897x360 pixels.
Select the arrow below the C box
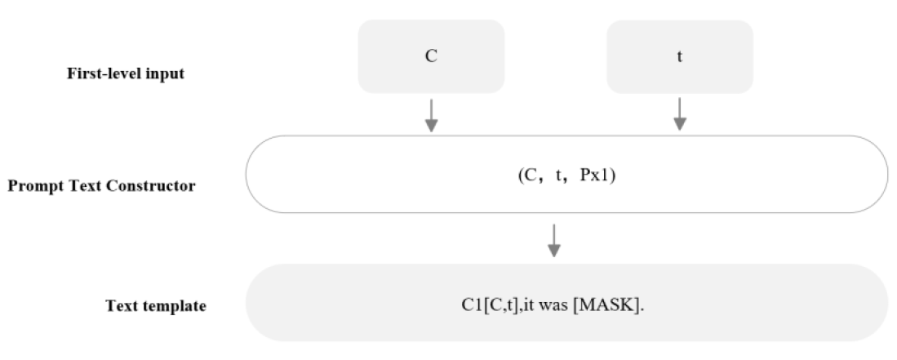[431, 114]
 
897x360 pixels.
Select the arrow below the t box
[679, 114]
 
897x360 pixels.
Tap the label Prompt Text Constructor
[101, 185]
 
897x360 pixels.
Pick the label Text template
[156, 306]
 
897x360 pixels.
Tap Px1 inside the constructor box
[600, 175]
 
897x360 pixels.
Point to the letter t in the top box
[679, 60]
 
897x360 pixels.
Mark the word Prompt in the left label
[31, 185]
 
